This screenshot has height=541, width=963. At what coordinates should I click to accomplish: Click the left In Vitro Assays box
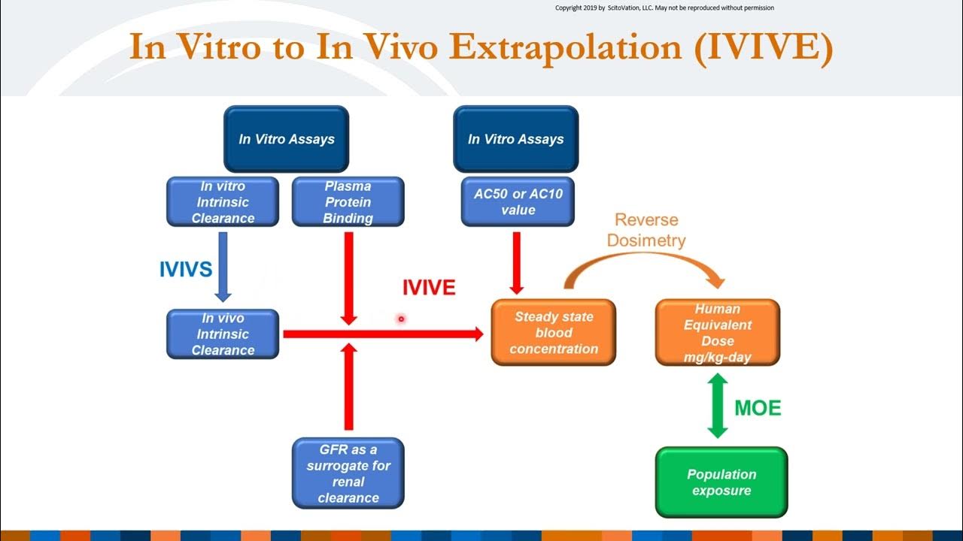click(x=286, y=139)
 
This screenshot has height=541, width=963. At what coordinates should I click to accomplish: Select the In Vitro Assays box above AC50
click(x=515, y=139)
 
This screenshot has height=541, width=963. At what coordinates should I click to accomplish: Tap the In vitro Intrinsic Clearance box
click(x=223, y=202)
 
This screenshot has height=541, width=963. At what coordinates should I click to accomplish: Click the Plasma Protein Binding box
click(x=348, y=202)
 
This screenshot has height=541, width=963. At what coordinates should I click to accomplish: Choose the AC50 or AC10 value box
click(x=517, y=202)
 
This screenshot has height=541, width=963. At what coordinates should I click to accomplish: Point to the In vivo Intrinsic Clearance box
click(x=223, y=334)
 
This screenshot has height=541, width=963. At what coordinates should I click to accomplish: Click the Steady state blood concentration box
click(x=554, y=333)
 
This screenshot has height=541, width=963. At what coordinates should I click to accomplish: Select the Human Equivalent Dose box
click(x=717, y=333)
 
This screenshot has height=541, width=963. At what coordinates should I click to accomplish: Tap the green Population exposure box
click(x=721, y=482)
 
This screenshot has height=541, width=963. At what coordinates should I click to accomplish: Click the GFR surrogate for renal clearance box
click(x=348, y=473)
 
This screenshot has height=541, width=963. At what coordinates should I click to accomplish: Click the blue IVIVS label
click(x=185, y=270)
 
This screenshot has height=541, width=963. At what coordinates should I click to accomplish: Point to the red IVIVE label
click(x=428, y=288)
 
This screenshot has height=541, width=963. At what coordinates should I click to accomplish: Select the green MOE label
click(x=757, y=408)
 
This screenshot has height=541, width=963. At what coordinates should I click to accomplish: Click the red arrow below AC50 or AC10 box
click(x=516, y=262)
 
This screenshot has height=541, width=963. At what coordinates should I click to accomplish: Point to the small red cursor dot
click(x=401, y=319)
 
